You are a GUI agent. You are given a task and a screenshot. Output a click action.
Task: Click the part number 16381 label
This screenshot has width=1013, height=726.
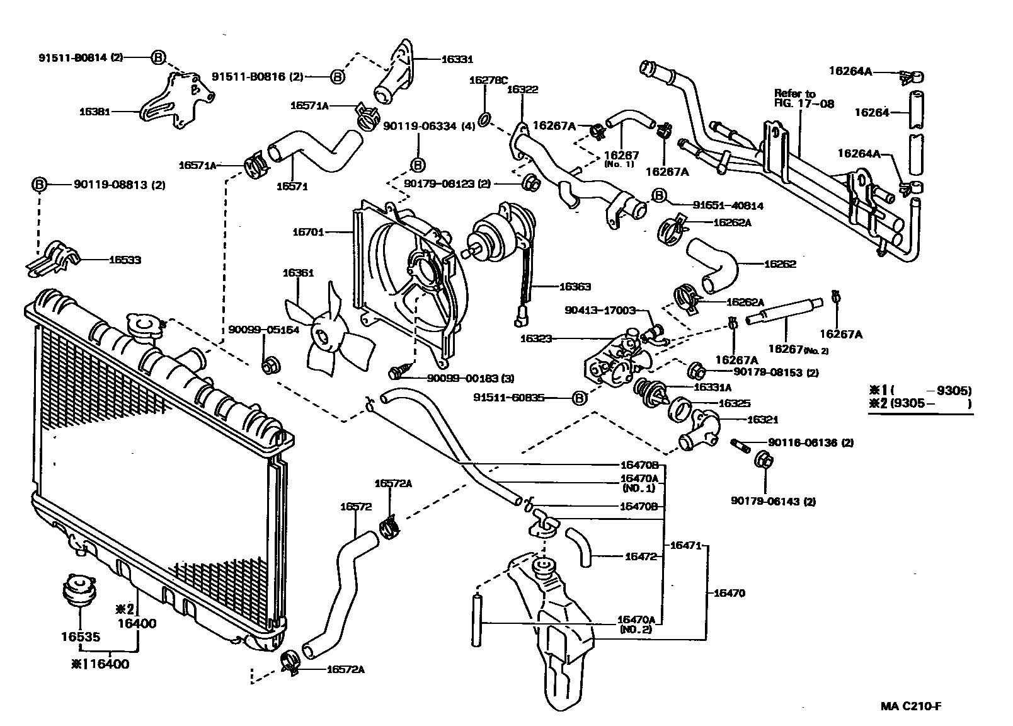(94, 112)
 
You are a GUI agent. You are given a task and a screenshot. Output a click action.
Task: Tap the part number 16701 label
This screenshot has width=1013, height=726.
(308, 232)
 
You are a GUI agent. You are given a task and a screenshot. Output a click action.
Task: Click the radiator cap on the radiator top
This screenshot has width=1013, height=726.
(144, 326)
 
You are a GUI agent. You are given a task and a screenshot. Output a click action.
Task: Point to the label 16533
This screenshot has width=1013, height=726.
(125, 260)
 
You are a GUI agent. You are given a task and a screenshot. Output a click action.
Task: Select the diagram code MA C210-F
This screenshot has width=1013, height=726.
(911, 706)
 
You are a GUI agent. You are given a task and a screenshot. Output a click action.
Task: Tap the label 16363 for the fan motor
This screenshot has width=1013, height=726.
(575, 287)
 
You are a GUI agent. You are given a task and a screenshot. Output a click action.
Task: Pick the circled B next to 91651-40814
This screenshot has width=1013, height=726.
(658, 196)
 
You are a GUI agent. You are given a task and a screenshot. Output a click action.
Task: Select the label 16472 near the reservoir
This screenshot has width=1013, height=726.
(641, 556)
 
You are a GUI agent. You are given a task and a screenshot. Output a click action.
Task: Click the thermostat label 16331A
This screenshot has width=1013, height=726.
(712, 388)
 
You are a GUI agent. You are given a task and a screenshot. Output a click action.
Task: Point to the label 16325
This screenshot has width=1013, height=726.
(735, 403)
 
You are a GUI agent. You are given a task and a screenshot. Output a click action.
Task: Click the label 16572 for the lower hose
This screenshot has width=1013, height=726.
(356, 506)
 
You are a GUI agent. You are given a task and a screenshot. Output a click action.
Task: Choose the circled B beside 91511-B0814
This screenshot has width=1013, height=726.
(158, 57)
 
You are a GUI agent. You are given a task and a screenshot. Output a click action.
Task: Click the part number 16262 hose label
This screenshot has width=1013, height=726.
(780, 263)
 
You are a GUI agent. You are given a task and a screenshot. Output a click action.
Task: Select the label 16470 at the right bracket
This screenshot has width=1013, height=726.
(730, 593)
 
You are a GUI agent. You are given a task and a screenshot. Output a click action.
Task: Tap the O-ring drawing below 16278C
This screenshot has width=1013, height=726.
(485, 120)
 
